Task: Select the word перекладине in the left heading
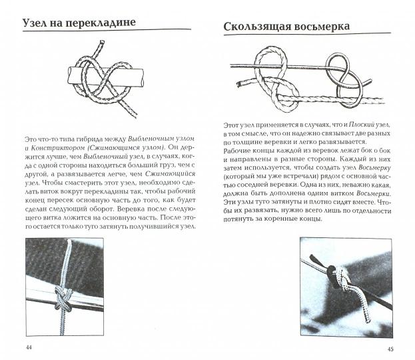103,23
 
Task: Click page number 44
29,347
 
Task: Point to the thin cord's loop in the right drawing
344,67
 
